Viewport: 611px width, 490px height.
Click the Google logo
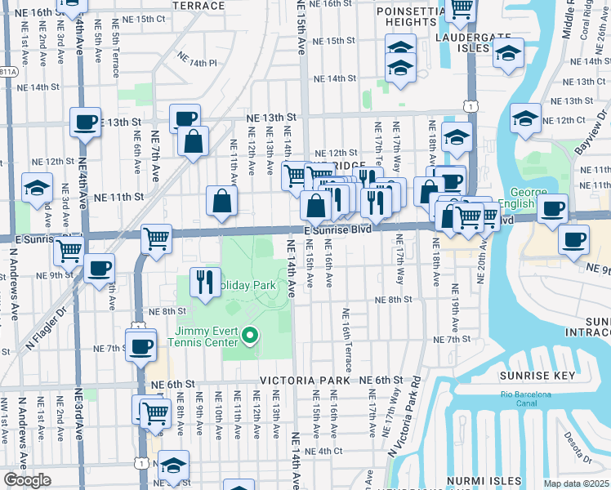click(27, 480)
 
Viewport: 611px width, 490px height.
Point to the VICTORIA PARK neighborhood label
click(305, 381)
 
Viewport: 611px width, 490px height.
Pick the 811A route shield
click(7, 72)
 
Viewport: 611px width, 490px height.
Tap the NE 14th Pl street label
click(197, 62)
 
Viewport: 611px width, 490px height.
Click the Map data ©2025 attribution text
click(576, 483)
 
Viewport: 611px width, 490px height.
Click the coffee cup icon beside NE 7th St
click(140, 345)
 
